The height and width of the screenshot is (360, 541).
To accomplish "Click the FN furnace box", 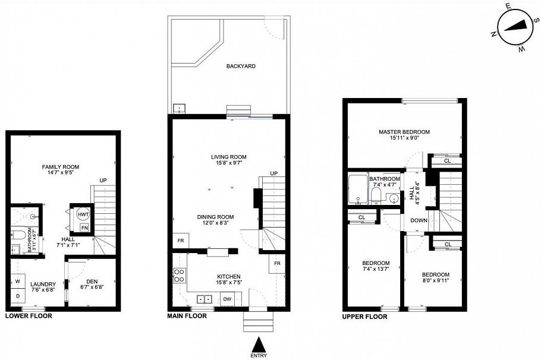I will [x=84, y=228].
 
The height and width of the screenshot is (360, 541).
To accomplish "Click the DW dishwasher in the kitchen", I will [x=227, y=299].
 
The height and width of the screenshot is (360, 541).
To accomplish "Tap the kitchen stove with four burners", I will [x=179, y=275].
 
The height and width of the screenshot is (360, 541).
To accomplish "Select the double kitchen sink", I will [x=206, y=299].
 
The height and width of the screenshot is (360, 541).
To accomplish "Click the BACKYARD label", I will [x=241, y=66].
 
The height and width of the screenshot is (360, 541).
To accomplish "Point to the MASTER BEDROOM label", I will [x=404, y=132].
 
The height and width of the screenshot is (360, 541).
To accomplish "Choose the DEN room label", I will [x=92, y=281].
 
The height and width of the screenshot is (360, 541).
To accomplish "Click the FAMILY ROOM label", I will [x=60, y=167].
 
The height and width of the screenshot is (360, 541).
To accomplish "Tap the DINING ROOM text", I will [x=215, y=217].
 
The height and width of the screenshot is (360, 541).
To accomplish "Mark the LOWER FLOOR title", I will [x=28, y=316].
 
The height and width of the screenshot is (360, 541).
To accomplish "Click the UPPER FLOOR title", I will [x=364, y=317].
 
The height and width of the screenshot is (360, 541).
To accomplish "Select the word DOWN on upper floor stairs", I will [x=419, y=220].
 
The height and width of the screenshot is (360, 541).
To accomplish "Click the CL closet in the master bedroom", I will [x=447, y=160].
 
